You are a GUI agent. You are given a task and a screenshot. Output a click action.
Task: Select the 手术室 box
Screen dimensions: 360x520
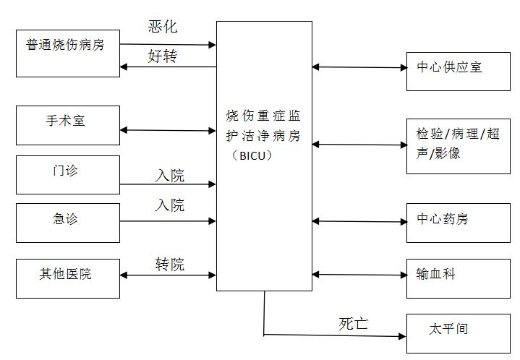(x=68, y=125)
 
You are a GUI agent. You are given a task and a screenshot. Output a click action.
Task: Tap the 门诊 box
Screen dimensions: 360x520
(x=68, y=175)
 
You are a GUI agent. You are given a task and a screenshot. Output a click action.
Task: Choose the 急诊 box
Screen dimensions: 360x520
(x=68, y=223)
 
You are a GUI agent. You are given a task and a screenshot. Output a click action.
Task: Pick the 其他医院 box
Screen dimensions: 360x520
(x=68, y=278)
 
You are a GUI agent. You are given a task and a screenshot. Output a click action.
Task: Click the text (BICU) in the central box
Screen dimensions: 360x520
(x=264, y=155)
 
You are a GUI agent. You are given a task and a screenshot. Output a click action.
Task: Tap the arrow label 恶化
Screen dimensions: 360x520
(x=163, y=27)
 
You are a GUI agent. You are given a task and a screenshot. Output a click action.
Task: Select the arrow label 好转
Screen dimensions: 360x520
(x=163, y=56)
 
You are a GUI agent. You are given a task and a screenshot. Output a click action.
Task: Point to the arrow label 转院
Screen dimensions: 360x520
(x=170, y=264)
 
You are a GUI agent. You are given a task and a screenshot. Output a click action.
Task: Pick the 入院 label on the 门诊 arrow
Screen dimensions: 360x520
(x=170, y=175)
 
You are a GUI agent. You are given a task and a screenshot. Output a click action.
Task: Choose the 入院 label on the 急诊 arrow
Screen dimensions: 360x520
(x=170, y=205)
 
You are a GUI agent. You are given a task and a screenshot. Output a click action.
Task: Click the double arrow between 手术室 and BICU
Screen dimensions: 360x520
(x=168, y=131)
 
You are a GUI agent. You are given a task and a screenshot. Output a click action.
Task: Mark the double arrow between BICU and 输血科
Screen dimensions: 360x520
(x=359, y=275)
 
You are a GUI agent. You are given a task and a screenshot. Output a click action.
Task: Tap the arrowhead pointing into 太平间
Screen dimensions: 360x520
(x=402, y=335)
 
